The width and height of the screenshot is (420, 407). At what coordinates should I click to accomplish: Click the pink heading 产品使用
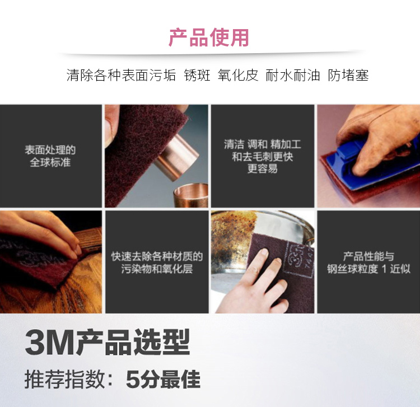pos(209,38)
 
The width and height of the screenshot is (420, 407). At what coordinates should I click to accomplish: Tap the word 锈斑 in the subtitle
pos(197,75)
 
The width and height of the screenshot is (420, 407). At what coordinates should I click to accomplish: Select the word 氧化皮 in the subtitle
pos(238,75)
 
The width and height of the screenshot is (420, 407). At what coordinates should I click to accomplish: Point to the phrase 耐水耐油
pos(293,75)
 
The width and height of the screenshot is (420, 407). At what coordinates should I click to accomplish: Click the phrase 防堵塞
pos(348,75)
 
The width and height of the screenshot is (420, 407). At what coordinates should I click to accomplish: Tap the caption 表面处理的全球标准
pos(50,156)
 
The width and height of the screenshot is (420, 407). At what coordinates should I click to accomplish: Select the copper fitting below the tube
pos(191,195)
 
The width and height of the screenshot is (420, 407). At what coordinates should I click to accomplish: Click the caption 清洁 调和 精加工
pos(263,144)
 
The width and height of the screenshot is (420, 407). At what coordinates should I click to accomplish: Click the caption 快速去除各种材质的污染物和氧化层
pos(157,263)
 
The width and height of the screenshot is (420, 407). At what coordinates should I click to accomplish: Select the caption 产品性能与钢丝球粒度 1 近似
pos(368,263)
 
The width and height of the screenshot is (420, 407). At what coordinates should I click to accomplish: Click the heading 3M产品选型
pos(107,342)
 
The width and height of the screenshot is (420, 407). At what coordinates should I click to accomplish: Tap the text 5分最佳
pos(163,380)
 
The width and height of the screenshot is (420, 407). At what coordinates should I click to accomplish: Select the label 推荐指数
pos(64,380)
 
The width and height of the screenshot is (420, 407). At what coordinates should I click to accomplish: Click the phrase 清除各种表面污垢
pos(121,75)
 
